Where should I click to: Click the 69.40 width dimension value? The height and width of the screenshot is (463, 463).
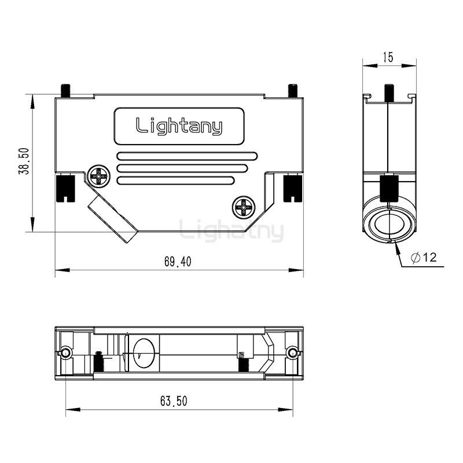178,262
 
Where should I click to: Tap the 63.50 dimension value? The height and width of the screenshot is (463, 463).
174,401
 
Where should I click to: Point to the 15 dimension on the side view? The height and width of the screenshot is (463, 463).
388,57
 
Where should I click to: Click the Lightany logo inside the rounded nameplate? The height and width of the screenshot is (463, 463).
179,126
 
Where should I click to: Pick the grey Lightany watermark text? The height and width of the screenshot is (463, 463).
231,231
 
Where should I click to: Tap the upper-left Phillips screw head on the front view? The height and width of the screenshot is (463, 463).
100,175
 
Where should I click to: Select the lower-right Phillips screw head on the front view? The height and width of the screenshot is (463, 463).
243,205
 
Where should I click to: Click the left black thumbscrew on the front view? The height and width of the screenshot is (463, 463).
65,188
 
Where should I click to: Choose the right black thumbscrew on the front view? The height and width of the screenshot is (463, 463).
292,188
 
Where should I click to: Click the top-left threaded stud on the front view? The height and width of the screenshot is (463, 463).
65,91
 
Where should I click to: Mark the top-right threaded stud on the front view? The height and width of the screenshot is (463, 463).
293,91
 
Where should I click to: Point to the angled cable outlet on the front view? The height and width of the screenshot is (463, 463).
112,221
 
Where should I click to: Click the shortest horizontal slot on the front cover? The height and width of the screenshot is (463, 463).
176,181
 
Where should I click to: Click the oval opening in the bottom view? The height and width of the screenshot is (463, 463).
143,353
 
